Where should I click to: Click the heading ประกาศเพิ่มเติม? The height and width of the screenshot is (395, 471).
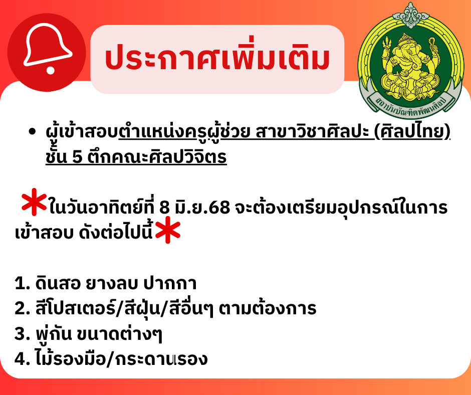(217, 57)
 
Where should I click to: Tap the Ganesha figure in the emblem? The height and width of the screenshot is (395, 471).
(409, 67)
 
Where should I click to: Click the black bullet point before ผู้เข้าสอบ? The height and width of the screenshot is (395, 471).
(32, 132)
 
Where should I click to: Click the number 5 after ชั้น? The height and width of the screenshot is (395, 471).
(78, 157)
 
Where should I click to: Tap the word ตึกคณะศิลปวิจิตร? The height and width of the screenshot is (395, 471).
(157, 157)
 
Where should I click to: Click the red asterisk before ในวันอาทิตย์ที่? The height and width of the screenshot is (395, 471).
(34, 202)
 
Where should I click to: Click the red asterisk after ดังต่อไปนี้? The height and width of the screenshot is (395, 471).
(168, 230)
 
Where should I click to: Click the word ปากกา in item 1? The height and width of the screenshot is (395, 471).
(170, 283)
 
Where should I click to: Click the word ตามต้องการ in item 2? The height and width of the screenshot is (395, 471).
(268, 308)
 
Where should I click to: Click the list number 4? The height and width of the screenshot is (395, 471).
(20, 359)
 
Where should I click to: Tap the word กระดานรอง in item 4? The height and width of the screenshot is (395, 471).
(162, 359)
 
